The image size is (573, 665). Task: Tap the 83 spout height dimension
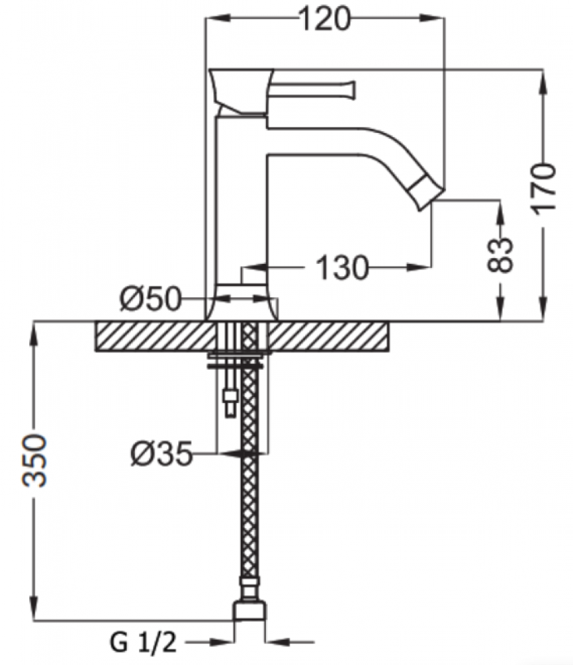500,255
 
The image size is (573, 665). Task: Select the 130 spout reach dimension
342,267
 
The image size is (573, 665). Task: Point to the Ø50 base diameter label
150,299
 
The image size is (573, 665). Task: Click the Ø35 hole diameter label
162,454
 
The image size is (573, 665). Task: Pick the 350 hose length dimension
35,460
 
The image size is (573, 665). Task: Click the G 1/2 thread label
144,643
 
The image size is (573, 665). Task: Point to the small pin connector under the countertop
230,400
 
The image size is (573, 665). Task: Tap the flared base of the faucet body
242,302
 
